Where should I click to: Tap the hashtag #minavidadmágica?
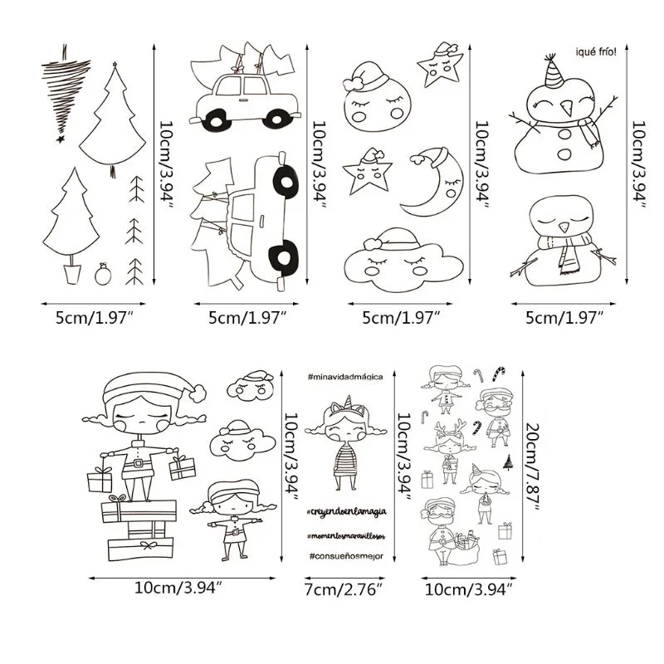point(344,377)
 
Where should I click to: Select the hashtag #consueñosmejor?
point(344,555)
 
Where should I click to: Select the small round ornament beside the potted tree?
point(102,274)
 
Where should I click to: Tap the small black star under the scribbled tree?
point(60,139)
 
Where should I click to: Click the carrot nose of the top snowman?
point(567,109)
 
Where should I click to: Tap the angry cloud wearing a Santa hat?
point(249,386)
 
